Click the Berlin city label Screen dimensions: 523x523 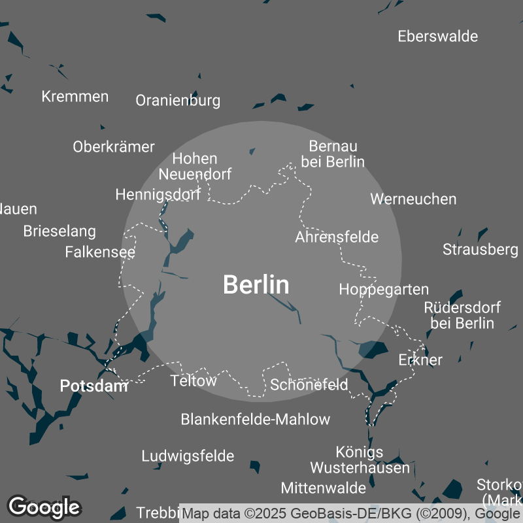256,284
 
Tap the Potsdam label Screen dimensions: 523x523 93,386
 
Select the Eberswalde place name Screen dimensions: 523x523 437,36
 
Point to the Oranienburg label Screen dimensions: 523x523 178,101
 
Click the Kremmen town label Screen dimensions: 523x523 75,97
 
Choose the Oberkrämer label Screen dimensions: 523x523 114,146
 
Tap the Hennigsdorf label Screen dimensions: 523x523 158,194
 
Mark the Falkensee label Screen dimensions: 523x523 100,252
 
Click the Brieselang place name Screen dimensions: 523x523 59,231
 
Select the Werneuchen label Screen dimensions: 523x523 413,199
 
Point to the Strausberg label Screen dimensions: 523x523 480,249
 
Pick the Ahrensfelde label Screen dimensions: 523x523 337,237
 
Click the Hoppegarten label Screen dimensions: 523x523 384,289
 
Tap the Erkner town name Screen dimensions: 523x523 420,360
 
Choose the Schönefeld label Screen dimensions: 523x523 309,384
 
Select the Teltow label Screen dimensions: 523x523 193,380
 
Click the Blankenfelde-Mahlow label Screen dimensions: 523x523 255,419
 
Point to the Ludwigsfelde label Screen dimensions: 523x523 188,456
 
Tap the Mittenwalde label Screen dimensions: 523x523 323,488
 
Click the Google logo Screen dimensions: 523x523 44,507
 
